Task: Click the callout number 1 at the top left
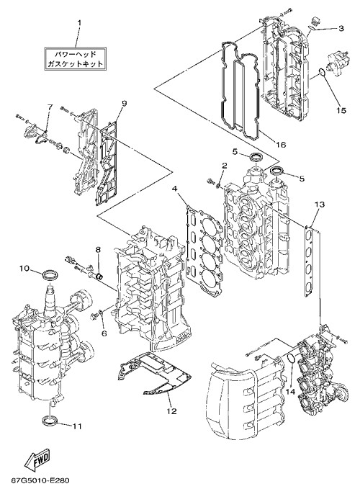(x=79, y=23)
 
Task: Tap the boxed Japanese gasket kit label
(x=75, y=59)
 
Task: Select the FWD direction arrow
(x=37, y=462)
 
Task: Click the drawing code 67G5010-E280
(x=40, y=480)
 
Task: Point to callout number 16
(x=280, y=144)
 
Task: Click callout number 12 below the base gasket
(x=171, y=411)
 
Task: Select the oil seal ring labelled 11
(x=50, y=420)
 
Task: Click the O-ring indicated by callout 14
(x=290, y=359)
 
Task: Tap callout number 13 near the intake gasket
(x=319, y=205)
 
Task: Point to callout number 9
(x=124, y=104)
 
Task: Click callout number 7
(x=50, y=107)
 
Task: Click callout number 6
(x=104, y=333)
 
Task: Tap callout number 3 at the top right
(x=341, y=28)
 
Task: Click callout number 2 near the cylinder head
(x=224, y=166)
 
